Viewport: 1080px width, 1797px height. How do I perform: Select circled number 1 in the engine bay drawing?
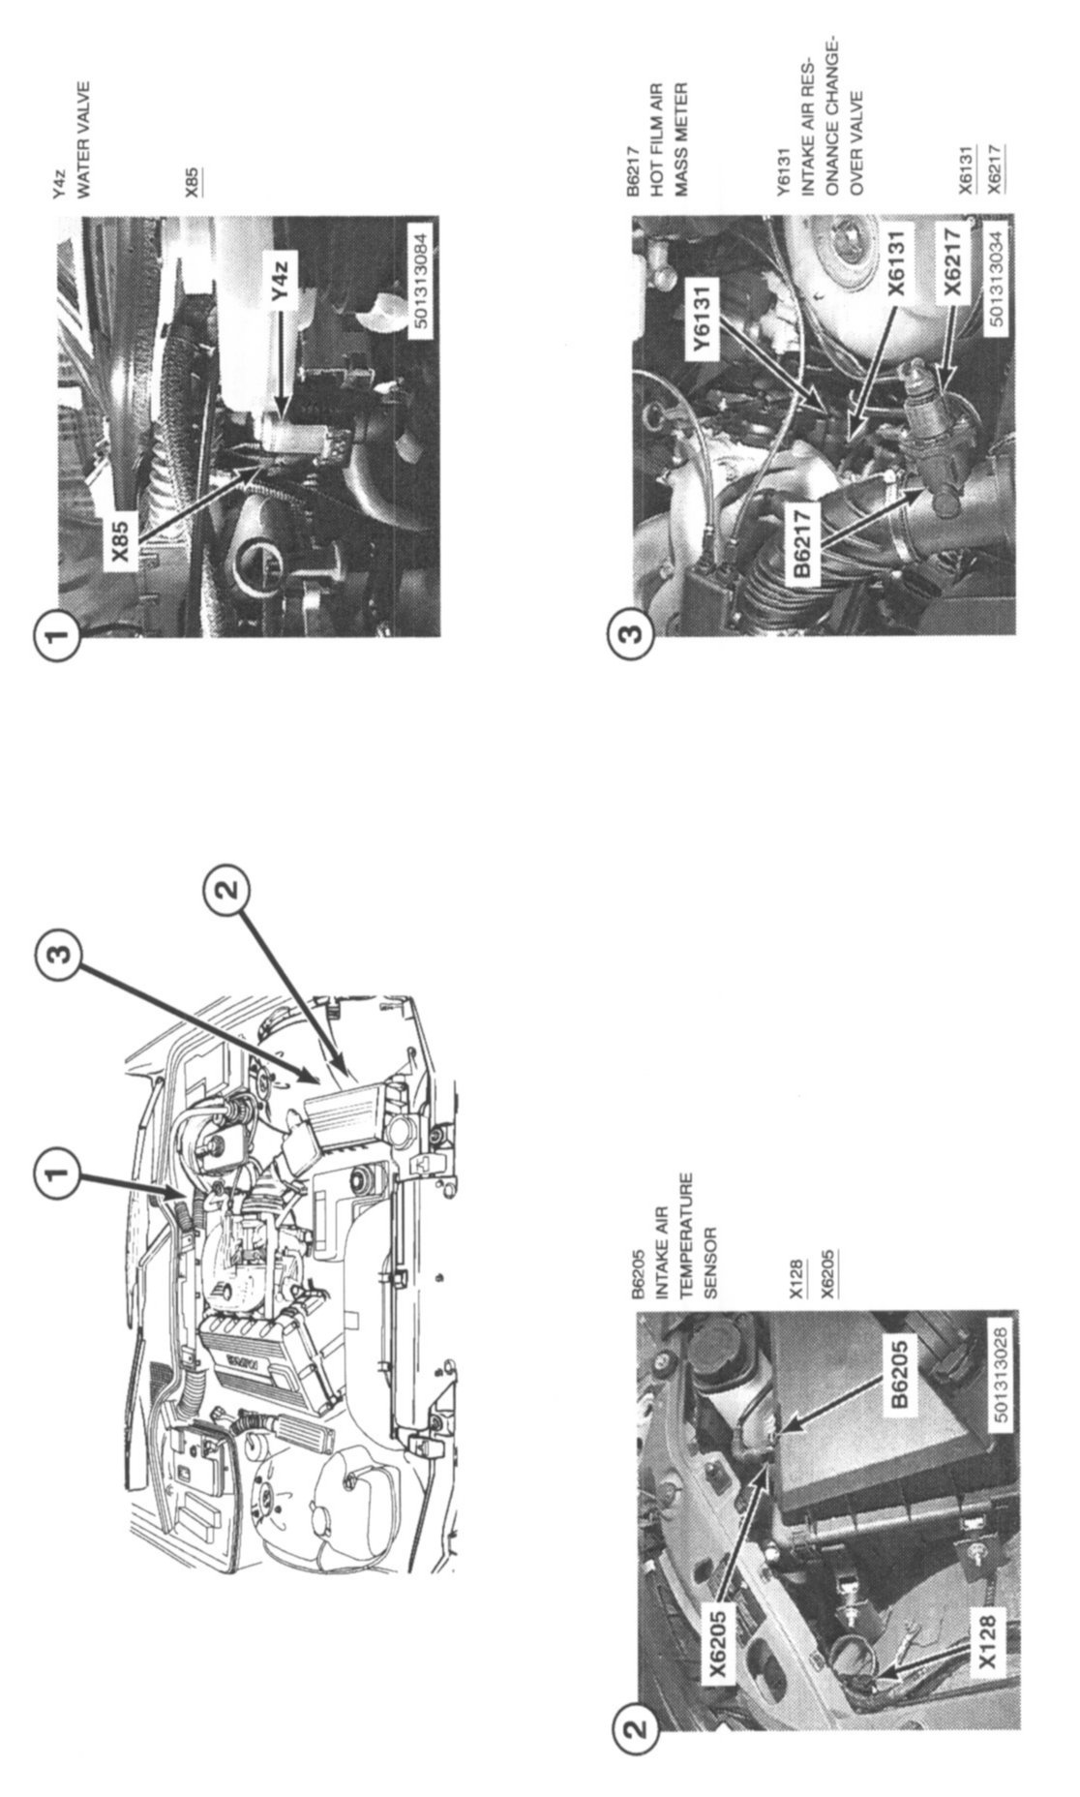pyautogui.click(x=58, y=1173)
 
